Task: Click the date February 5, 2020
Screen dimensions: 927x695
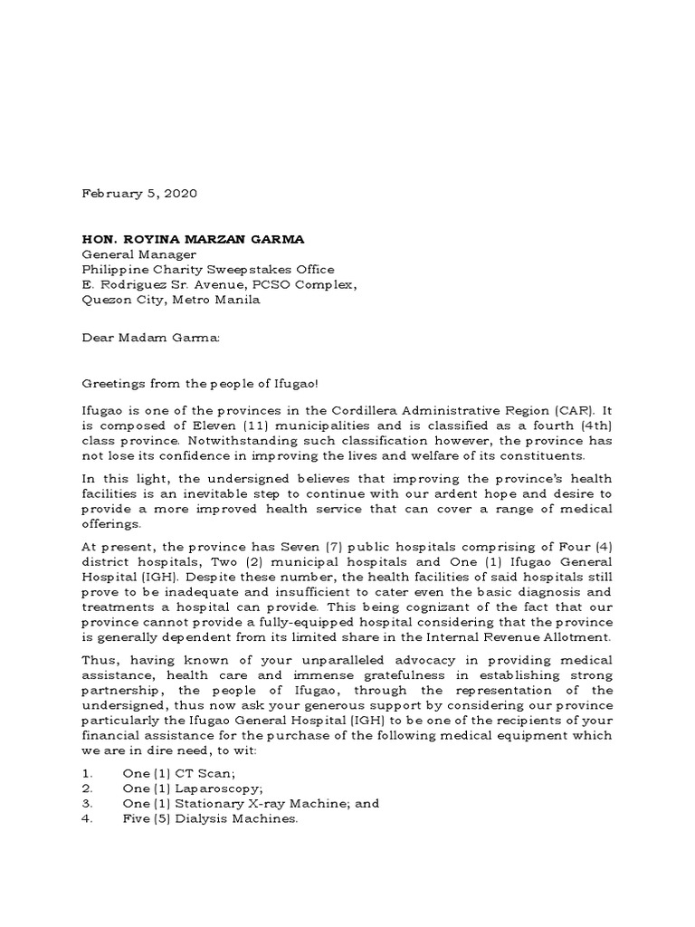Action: pos(139,194)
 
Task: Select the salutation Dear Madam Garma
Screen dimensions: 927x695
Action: pos(151,338)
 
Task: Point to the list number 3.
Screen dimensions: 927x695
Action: pos(87,804)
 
